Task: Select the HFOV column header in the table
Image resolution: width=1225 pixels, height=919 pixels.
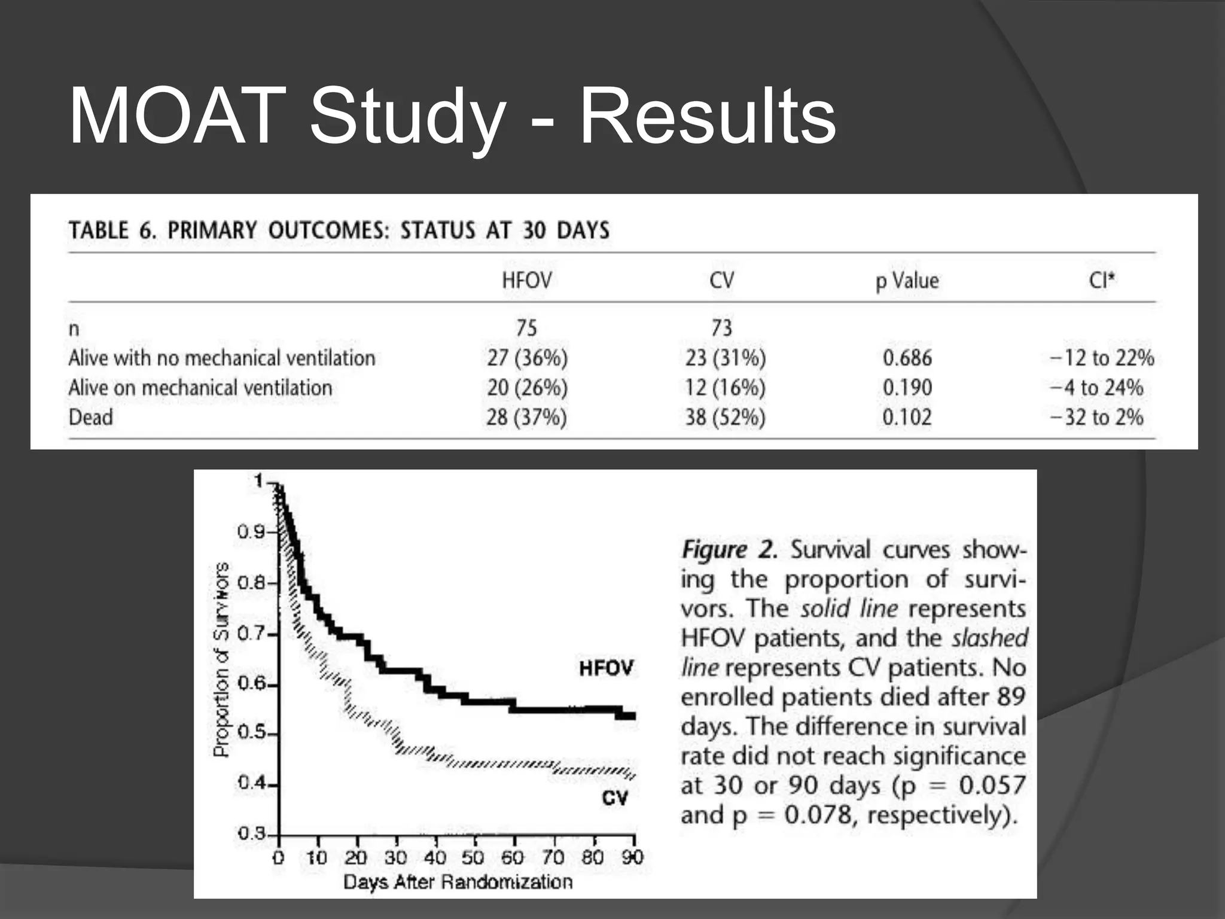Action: click(x=526, y=280)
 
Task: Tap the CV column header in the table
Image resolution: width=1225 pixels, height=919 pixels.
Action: click(x=721, y=280)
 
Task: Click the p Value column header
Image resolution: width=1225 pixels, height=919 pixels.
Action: click(x=907, y=280)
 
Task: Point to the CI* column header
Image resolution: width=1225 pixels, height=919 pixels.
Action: click(x=1102, y=279)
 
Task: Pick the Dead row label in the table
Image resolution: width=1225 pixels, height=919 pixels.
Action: click(x=90, y=417)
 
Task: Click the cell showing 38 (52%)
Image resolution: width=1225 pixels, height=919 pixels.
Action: click(x=725, y=417)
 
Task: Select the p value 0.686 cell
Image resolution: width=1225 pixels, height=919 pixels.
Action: click(x=907, y=358)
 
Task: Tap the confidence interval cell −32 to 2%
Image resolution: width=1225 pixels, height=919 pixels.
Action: click(x=1096, y=417)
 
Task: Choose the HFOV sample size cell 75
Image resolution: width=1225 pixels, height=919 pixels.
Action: click(x=526, y=327)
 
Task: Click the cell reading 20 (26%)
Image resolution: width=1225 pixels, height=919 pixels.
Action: click(x=526, y=388)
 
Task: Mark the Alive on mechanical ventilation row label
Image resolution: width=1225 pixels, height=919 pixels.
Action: click(x=200, y=388)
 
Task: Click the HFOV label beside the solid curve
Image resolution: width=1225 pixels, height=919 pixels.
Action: click(x=605, y=668)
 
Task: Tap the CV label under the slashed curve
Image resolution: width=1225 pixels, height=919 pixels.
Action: click(x=614, y=798)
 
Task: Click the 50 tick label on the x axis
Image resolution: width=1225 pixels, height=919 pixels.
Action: click(x=473, y=858)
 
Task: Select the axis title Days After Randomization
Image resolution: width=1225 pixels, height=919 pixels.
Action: click(x=458, y=882)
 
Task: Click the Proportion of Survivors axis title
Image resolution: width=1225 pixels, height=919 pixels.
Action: click(x=221, y=659)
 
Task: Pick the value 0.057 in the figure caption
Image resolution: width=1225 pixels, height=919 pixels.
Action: click(x=992, y=785)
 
